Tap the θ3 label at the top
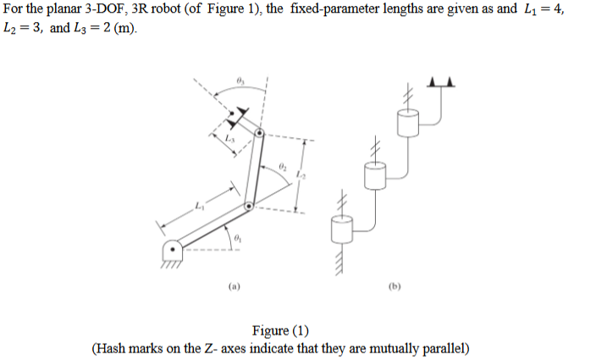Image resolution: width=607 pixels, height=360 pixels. (x=240, y=80)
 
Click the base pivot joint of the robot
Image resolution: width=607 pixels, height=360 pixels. (x=173, y=251)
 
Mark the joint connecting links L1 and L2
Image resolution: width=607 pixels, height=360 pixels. (x=247, y=205)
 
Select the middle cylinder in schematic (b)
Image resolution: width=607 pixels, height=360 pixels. (x=374, y=178)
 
